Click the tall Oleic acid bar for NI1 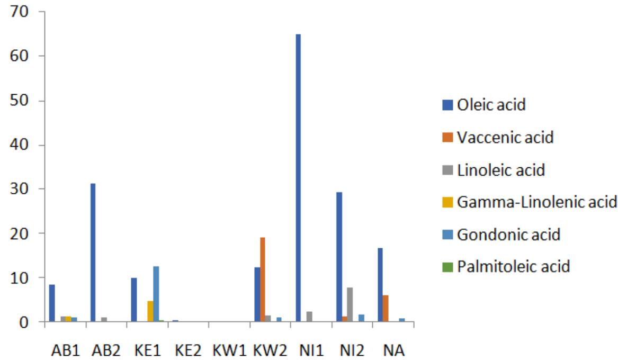click(298, 178)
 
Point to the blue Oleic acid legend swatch click(446, 105)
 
